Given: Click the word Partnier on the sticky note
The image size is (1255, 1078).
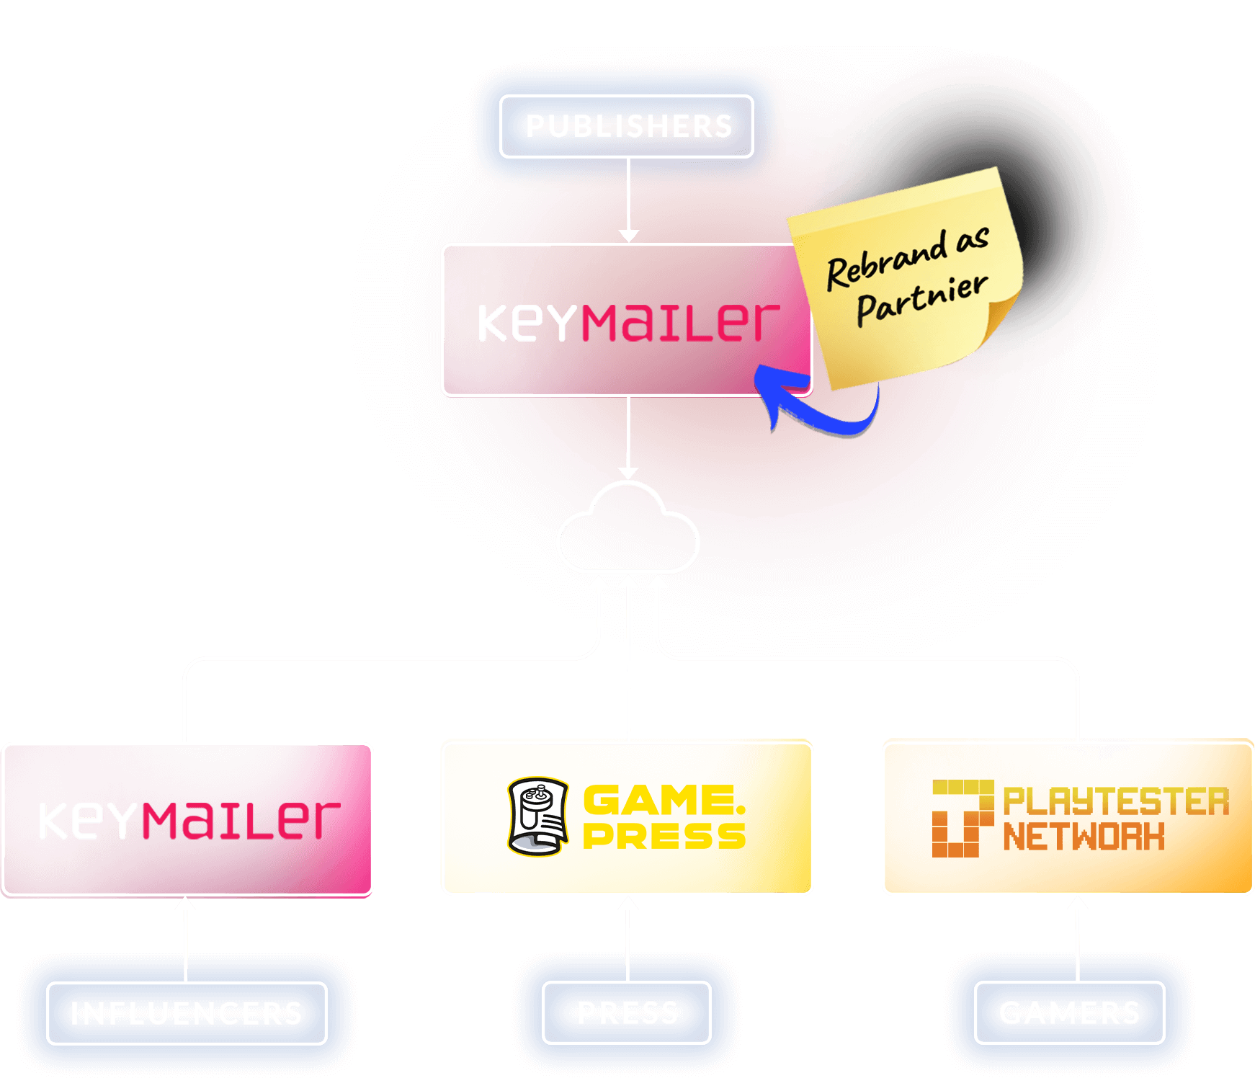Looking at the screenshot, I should pyautogui.click(x=921, y=299).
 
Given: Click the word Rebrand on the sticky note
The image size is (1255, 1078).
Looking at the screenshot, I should pyautogui.click(x=886, y=262).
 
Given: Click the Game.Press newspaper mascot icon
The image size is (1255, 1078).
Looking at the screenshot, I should pyautogui.click(x=537, y=816).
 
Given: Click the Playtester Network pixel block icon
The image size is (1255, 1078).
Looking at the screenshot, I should pyautogui.click(x=962, y=818).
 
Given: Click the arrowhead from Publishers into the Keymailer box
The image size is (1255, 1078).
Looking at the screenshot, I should pyautogui.click(x=629, y=236).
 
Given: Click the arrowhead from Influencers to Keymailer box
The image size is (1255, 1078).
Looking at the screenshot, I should pyautogui.click(x=186, y=904).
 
